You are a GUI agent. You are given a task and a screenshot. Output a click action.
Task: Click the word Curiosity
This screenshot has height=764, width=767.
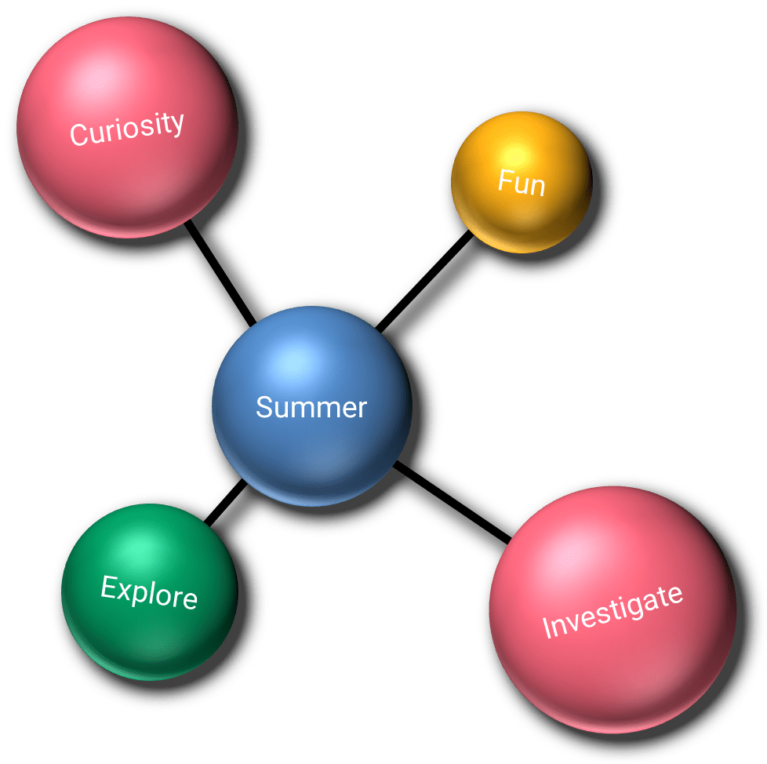point(126,129)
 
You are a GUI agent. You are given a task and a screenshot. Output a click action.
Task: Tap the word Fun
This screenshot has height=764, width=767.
point(522,184)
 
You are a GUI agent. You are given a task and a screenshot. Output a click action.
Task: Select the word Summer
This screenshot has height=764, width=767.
point(311,407)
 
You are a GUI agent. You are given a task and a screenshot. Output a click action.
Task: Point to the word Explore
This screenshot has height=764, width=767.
point(149,591)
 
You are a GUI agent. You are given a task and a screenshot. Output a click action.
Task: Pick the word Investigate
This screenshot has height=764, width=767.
point(613,611)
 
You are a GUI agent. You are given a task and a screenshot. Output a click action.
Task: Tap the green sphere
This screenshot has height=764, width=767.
point(149,628)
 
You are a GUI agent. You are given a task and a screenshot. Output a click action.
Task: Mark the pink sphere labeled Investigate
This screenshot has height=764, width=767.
point(613,667)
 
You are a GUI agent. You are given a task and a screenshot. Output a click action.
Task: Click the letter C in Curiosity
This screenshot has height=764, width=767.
point(78,136)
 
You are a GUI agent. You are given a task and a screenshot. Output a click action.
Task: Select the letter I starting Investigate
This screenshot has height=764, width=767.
point(547,630)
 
